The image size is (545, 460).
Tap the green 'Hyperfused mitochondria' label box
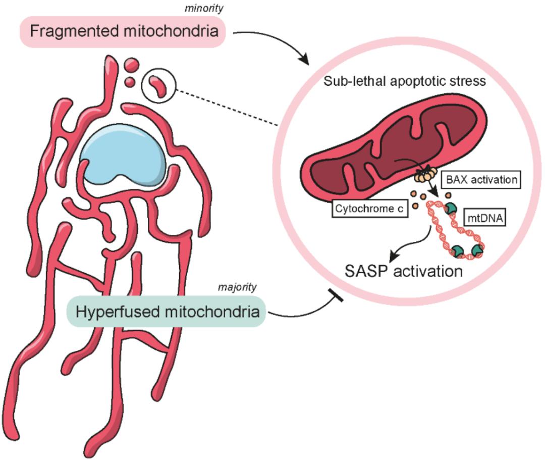click(167, 312)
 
